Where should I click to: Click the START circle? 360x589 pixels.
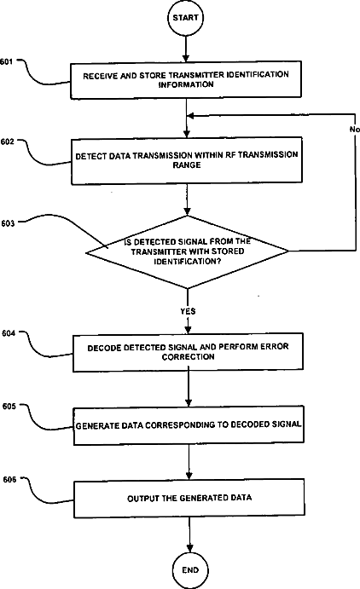pos(186,18)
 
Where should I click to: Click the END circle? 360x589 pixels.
pos(190,570)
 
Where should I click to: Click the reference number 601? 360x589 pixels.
pos(6,61)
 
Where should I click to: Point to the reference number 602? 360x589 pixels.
pos(7,142)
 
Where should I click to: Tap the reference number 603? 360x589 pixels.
pos(8,223)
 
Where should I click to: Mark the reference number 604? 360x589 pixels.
pos(9,333)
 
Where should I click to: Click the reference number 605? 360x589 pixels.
pos(9,407)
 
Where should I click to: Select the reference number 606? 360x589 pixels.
pos(9,480)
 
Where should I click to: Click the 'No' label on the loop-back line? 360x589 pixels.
pos(354,130)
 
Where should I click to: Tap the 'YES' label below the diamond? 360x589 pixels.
pos(188,311)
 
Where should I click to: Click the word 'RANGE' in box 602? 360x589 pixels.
pos(187,165)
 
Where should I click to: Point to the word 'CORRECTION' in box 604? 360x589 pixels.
pos(188,356)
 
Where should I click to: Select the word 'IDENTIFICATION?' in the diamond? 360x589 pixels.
pos(188,261)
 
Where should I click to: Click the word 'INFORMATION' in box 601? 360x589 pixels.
pos(186,84)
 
